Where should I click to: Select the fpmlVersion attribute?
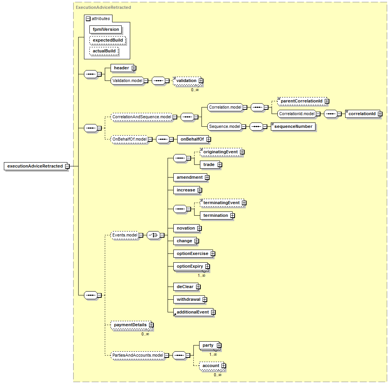tap(106, 29)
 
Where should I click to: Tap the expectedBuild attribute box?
tap(107, 40)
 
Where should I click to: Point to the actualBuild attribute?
tap(104, 51)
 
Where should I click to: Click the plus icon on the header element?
tap(134, 68)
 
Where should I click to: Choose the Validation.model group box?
tap(127, 80)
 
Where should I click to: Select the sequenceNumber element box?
tap(293, 126)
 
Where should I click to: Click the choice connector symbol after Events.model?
tap(153, 235)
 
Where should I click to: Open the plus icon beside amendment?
tap(207, 177)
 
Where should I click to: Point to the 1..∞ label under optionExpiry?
tap(201, 275)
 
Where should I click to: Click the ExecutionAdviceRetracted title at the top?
tap(103, 7)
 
